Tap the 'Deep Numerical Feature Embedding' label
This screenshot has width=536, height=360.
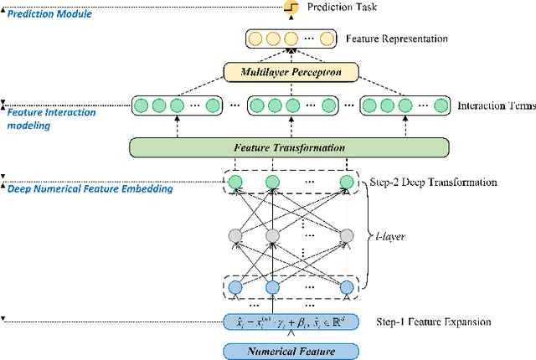(x=90, y=189)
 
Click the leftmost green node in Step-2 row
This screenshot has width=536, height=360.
(x=234, y=183)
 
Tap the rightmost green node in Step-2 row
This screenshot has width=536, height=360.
(x=344, y=183)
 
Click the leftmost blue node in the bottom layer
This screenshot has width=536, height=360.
(x=234, y=287)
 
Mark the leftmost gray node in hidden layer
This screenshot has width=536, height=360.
(x=234, y=235)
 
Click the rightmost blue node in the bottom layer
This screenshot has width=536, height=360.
(x=344, y=287)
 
